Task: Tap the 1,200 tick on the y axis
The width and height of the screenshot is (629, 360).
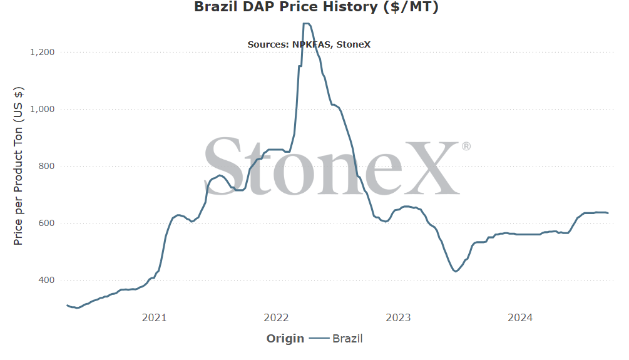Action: pos(42,52)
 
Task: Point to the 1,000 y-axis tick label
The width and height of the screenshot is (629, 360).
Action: pos(42,109)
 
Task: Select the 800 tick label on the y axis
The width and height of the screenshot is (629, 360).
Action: pos(46,166)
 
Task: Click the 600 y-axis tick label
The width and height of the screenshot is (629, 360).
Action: pos(46,223)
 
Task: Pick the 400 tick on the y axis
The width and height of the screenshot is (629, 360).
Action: pos(46,280)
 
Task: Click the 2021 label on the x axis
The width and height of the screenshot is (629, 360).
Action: pos(154,318)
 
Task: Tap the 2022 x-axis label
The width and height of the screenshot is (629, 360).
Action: pos(276,318)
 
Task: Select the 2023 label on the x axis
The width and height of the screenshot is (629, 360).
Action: pos(398,318)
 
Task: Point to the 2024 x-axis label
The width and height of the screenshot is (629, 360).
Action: pos(520,318)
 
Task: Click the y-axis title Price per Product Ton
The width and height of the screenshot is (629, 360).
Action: pos(18,166)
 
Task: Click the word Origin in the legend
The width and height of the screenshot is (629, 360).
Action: pos(285,339)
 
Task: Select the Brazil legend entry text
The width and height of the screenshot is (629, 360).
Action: pos(347,339)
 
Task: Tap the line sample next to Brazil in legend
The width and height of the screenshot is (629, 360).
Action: pos(319,339)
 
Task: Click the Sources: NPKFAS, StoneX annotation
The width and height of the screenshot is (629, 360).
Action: pos(309,44)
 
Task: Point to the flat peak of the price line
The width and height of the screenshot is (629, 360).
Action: pos(306,24)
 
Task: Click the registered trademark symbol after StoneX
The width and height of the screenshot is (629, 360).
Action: pos(466,147)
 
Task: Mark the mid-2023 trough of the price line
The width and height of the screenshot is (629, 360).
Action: pos(455,271)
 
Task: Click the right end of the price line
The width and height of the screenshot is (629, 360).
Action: pos(608,213)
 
